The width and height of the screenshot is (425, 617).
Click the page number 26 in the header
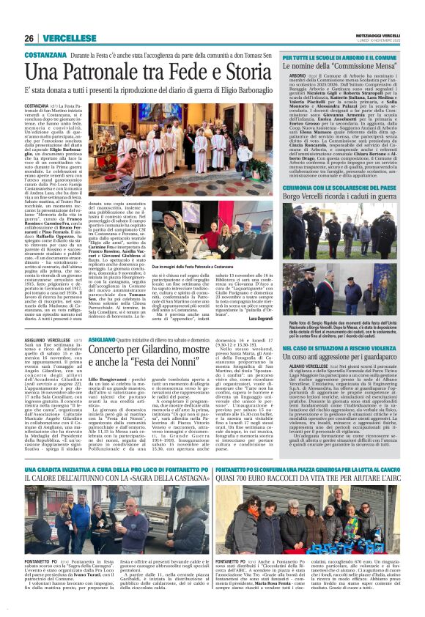point(29,38)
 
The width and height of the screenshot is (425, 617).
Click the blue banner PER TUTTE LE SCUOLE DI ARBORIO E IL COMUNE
point(344,56)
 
